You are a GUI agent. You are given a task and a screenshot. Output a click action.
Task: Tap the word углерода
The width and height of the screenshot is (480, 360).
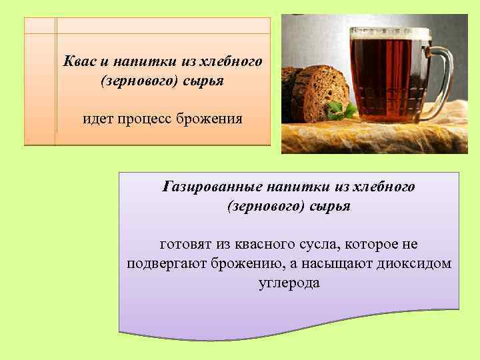pyautogui.click(x=289, y=283)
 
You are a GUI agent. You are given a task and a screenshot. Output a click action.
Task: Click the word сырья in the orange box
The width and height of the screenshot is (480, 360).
pyautogui.click(x=201, y=80)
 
